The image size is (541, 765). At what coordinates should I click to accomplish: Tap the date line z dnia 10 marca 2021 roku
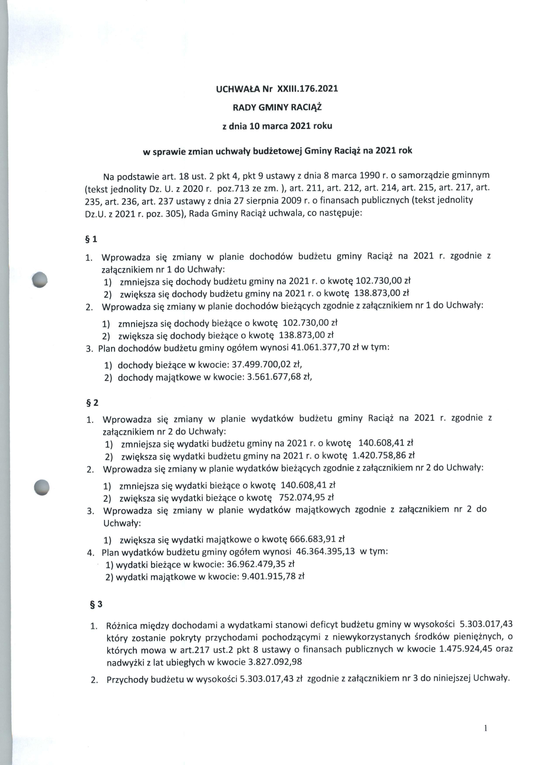pos(277,126)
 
